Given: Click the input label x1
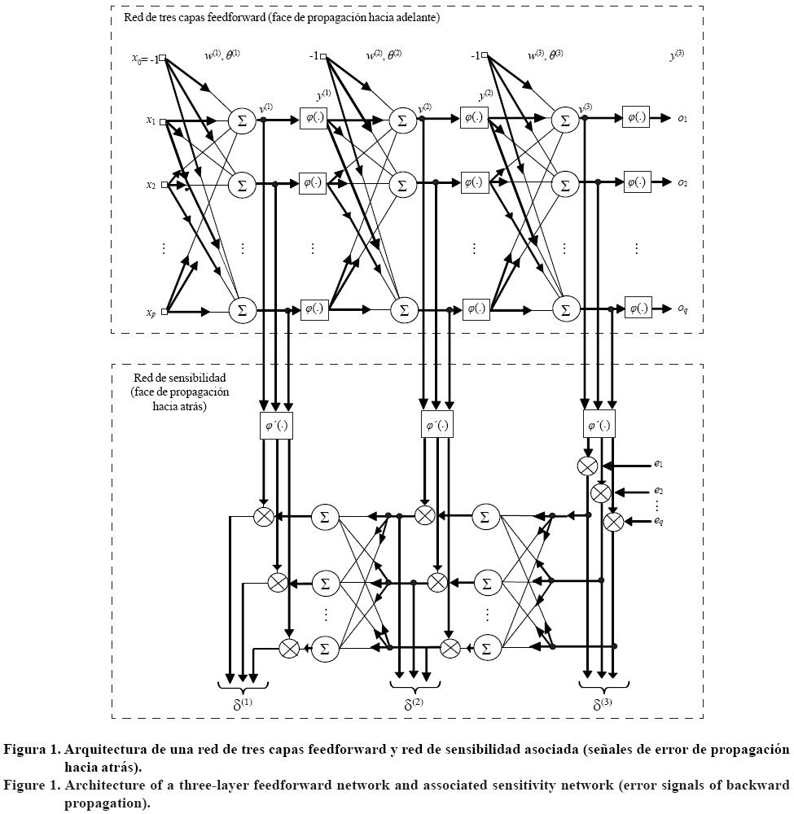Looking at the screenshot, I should coord(151,121).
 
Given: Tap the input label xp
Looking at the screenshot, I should coord(151,313).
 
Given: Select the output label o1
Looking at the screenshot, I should coord(682,119).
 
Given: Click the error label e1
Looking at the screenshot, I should coord(658,465).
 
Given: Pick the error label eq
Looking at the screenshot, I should coord(658,521).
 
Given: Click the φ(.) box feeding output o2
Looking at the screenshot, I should coord(635,182).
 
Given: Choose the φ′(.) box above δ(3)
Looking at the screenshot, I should coord(599,426).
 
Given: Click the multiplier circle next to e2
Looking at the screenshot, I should coord(600,492).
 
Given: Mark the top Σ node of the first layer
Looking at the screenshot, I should coord(241,120).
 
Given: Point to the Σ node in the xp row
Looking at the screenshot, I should coord(241,310).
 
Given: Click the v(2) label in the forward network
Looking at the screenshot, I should coord(424,107).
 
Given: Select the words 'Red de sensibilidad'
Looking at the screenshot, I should coord(178,379).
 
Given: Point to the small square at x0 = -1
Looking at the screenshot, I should coord(163,58).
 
